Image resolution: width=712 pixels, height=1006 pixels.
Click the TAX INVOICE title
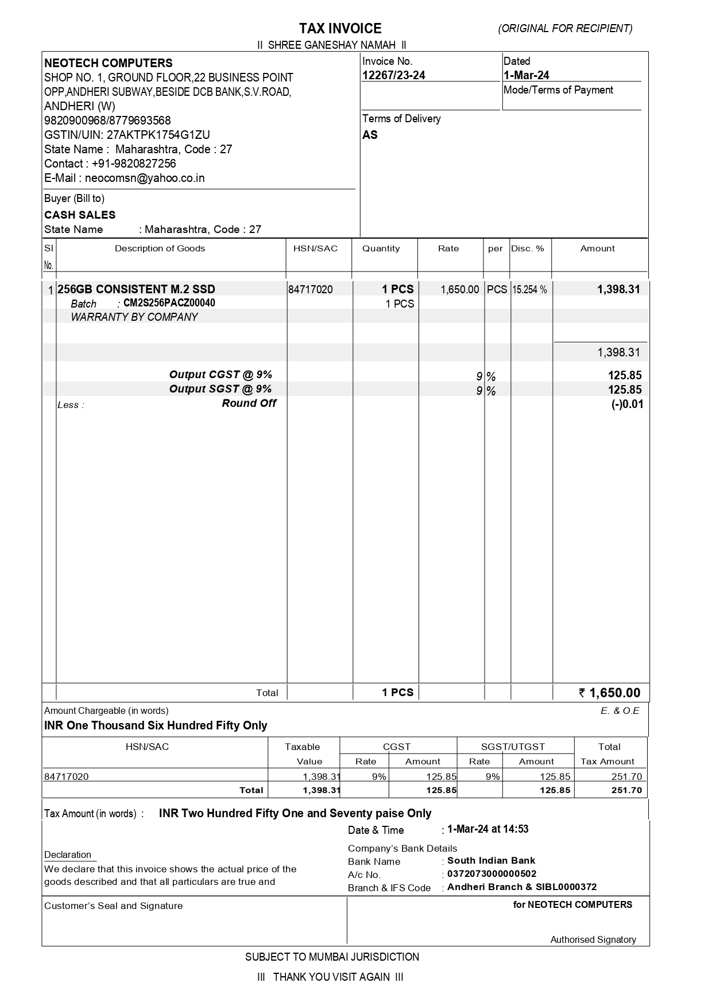click(x=340, y=29)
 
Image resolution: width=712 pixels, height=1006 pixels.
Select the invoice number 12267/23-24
click(x=394, y=75)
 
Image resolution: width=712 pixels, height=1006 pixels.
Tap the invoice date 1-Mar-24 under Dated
click(x=527, y=75)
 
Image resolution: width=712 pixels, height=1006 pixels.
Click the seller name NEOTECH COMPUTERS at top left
click(x=109, y=63)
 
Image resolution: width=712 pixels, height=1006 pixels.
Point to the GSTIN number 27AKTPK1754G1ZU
click(x=158, y=135)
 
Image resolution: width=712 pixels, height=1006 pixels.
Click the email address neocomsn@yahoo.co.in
click(x=145, y=178)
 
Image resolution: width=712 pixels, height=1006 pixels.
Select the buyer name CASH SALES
click(x=80, y=215)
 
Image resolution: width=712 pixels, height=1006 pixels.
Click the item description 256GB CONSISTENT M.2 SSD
click(x=137, y=289)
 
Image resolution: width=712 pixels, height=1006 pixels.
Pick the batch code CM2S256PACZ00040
click(x=169, y=303)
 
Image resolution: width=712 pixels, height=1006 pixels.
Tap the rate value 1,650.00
click(x=459, y=289)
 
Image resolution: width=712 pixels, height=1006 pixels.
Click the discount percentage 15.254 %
click(x=529, y=290)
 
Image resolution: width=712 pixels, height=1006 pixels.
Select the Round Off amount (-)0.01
click(x=627, y=404)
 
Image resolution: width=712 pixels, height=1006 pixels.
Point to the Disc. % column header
click(x=528, y=248)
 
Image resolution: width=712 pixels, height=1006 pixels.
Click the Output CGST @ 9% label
click(x=220, y=375)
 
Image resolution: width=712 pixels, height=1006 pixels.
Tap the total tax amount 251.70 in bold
click(x=627, y=790)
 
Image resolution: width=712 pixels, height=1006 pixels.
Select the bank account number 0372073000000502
click(x=492, y=874)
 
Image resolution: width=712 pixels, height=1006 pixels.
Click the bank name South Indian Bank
click(x=491, y=860)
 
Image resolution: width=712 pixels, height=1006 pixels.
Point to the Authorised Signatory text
click(x=593, y=939)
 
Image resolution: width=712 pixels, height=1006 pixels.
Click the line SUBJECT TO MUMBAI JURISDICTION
click(x=332, y=957)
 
